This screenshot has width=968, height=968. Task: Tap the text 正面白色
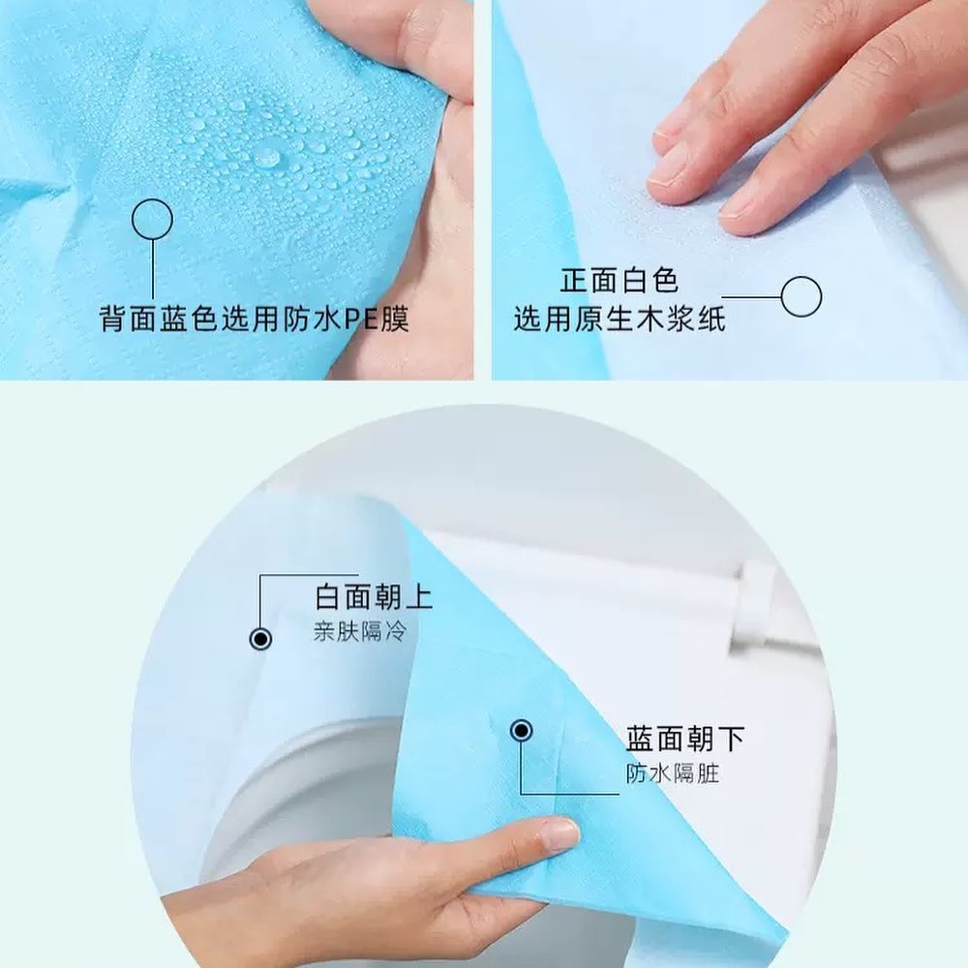click(x=620, y=282)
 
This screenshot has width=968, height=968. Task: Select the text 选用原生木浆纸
click(x=620, y=318)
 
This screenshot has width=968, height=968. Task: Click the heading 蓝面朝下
click(x=685, y=740)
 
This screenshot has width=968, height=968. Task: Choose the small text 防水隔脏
click(x=672, y=774)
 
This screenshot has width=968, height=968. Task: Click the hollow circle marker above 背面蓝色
click(x=152, y=219)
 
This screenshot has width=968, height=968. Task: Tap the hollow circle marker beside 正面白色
click(x=801, y=296)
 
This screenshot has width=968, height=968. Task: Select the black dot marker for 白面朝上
click(x=260, y=639)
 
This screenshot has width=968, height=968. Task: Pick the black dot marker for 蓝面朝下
click(x=521, y=731)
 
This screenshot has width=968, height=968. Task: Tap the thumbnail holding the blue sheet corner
click(x=559, y=834)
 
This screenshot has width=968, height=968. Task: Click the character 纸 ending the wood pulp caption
click(x=711, y=318)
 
